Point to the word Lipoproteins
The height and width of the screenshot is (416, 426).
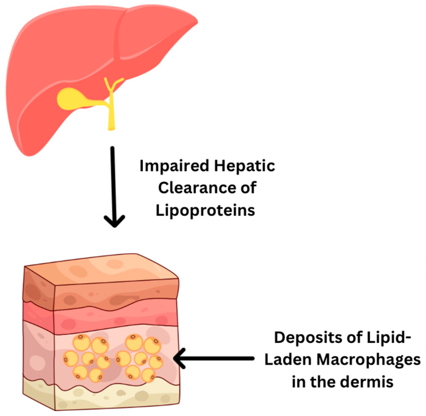pyautogui.click(x=205, y=210)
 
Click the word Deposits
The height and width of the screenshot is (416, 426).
pyautogui.click(x=308, y=338)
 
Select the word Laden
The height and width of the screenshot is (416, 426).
pyautogui.click(x=288, y=359)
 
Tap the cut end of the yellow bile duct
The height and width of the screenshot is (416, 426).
pyautogui.click(x=111, y=128)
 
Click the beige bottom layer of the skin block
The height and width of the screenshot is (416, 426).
pyautogui.click(x=117, y=396)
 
